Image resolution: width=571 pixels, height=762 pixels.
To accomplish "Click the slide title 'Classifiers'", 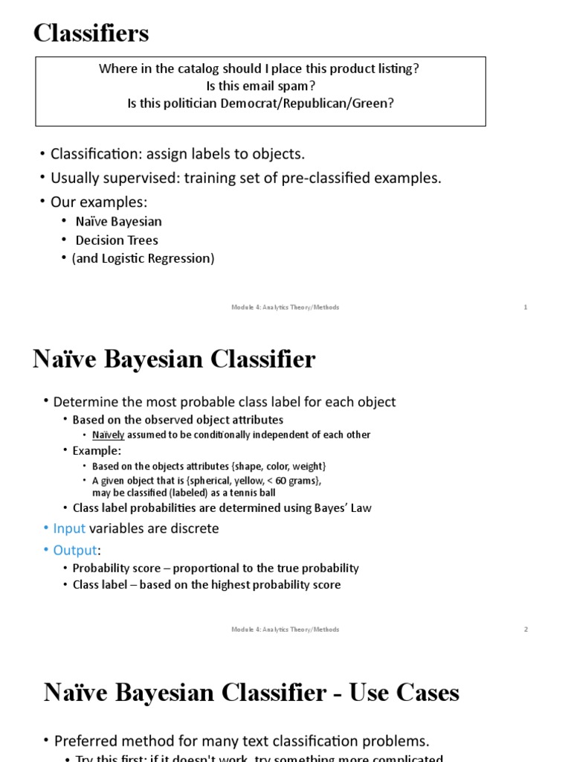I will (91, 33).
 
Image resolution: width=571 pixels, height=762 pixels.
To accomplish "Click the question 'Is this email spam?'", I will (260, 86).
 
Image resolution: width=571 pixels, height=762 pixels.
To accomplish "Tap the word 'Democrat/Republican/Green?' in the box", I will (307, 103).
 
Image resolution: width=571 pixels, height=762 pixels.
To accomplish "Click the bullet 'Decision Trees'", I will (117, 240).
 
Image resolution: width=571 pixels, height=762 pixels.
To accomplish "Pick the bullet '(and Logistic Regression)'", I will (143, 258).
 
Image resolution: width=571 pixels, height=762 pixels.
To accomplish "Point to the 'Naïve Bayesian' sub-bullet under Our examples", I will (118, 222).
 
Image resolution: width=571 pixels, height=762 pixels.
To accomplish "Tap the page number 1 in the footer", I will (526, 307).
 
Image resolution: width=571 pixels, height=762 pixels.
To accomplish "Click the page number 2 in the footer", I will (526, 630).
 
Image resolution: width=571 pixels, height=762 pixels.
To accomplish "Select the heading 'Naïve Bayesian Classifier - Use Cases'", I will (251, 693).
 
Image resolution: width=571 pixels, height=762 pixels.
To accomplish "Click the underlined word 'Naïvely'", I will (108, 435).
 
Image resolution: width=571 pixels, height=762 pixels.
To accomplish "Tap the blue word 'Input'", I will (69, 528).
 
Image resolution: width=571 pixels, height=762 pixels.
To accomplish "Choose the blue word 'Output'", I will (75, 550).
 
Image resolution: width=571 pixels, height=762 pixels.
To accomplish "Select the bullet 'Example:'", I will (97, 450).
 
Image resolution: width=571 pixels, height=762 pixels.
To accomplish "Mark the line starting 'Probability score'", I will (216, 569).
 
